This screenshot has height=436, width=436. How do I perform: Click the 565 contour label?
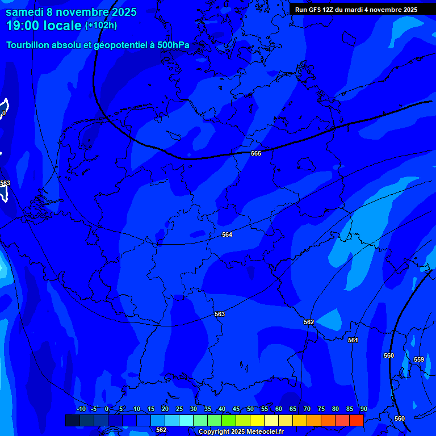[x=256, y=153]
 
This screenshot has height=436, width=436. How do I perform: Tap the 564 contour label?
[x=227, y=234]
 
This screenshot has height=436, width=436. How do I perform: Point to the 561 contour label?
[x=353, y=340]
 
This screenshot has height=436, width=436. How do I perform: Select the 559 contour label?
[x=419, y=359]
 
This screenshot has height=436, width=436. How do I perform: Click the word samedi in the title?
[x=26, y=12]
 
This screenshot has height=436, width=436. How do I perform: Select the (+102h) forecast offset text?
[x=101, y=26]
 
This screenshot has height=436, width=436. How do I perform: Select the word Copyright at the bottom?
[x=213, y=432]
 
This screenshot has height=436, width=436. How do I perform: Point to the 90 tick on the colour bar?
[x=363, y=409]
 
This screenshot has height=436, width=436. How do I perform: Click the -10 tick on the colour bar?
[x=81, y=409]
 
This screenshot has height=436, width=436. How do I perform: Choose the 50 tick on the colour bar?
[x=250, y=409]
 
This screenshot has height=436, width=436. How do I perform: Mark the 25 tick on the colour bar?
[x=179, y=409]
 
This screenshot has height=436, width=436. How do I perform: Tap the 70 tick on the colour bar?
[x=307, y=409]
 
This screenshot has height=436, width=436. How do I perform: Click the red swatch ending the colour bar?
[x=356, y=420]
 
